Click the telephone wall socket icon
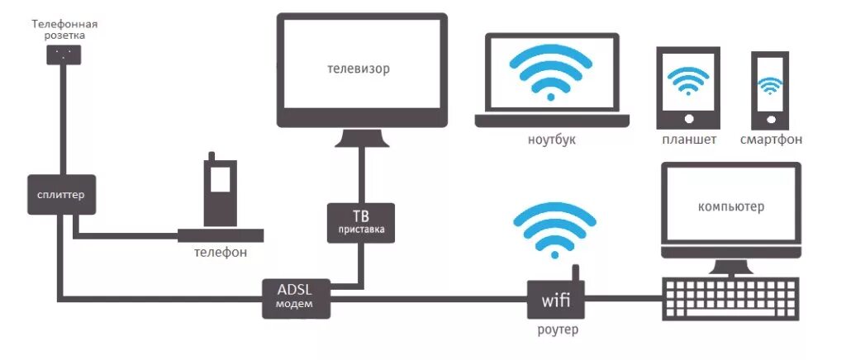(63, 54)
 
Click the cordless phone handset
(218, 189)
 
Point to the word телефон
(220, 252)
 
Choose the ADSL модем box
(297, 297)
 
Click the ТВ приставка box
(361, 221)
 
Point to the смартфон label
(771, 140)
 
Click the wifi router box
(556, 299)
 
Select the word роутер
(556, 330)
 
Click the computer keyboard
(730, 298)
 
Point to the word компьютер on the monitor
(730, 206)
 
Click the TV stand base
(362, 138)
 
